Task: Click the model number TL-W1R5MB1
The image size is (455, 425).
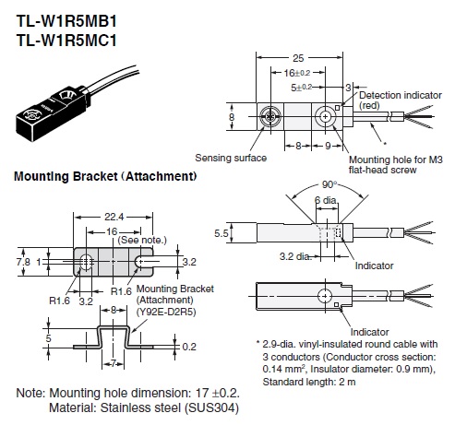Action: coord(66,21)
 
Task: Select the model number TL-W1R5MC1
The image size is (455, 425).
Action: coord(66,41)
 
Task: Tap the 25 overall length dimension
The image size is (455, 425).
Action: coord(298,58)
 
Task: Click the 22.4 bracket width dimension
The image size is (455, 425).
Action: coord(114,217)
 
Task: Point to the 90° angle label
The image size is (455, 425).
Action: coord(329,184)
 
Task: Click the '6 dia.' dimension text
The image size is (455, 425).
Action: coord(326,200)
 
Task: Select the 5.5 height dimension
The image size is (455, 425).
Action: coord(222,233)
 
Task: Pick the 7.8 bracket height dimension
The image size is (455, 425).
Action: coord(23,262)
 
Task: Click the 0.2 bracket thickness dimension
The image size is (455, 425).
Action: coord(189,347)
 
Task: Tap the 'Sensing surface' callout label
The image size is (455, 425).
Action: coord(231,158)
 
